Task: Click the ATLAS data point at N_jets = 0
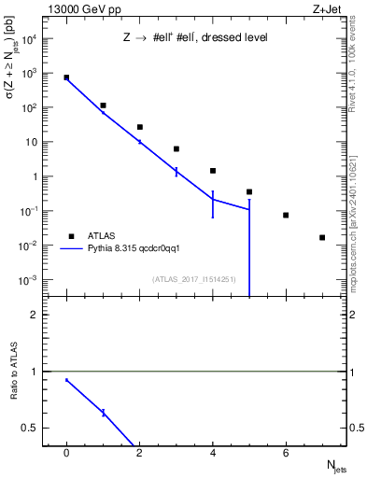(66, 77)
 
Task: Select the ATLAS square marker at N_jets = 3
(176, 148)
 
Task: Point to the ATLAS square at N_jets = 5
(249, 191)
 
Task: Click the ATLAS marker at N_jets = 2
(140, 127)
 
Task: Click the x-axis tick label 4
(213, 453)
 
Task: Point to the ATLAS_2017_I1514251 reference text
(193, 279)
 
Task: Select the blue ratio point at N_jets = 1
(104, 413)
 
